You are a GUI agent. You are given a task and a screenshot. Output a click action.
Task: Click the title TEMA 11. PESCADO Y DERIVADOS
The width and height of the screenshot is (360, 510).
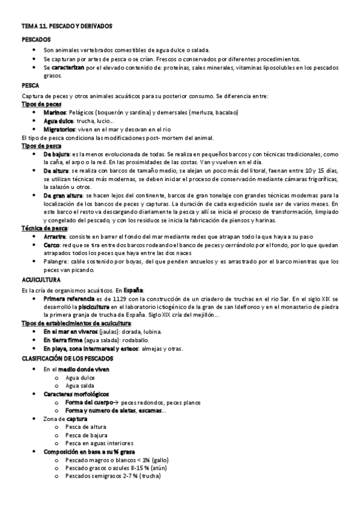pyautogui.click(x=67, y=27)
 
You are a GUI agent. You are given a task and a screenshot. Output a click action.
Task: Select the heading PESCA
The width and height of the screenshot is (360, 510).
pyautogui.click(x=31, y=86)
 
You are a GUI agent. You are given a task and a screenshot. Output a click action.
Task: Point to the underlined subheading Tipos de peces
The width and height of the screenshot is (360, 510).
pyautogui.click(x=41, y=104)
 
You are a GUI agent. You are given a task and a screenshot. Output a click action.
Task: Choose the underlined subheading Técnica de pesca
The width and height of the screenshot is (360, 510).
pyautogui.click(x=44, y=228)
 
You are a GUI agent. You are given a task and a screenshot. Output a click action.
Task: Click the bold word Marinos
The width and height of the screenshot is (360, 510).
pyautogui.click(x=55, y=112)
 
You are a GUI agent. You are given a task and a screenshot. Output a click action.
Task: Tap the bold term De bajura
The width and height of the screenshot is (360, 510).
pyautogui.click(x=56, y=155)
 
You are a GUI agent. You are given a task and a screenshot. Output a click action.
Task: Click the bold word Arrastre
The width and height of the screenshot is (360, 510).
pyautogui.click(x=55, y=236)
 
